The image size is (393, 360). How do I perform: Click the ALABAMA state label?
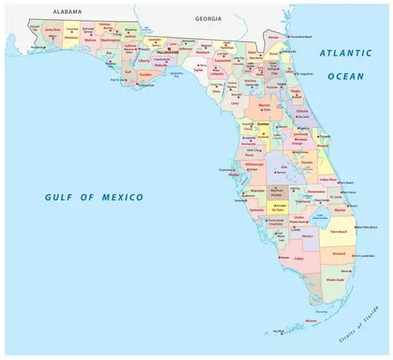(67, 12)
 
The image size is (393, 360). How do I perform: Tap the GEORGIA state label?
(209, 17)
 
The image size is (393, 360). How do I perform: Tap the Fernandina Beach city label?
(299, 37)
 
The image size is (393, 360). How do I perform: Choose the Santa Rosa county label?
(52, 29)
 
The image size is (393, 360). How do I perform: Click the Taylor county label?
(197, 71)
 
